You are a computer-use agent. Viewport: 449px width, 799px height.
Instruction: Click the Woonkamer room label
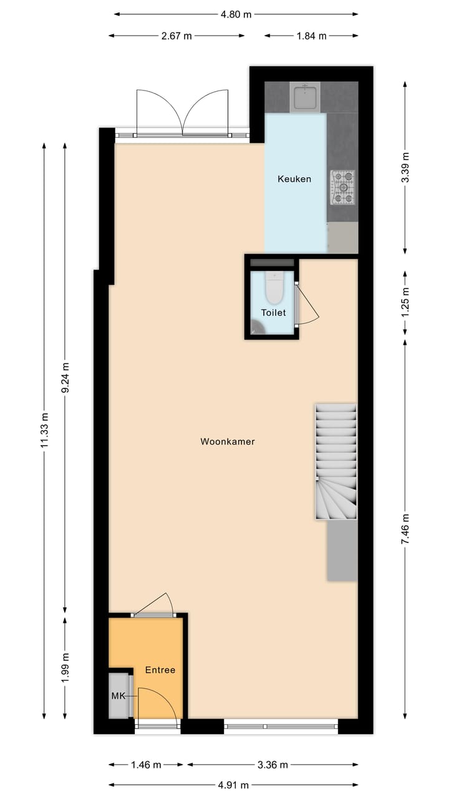(227, 441)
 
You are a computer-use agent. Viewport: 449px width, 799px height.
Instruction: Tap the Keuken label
(294, 179)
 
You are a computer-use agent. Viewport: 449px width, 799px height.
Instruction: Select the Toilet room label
(273, 312)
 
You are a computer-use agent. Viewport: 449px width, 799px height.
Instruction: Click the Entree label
(160, 670)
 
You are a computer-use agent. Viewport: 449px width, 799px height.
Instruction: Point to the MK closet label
(118, 695)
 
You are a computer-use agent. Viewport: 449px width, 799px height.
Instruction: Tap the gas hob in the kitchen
(342, 187)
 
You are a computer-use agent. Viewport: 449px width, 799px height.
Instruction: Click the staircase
(336, 462)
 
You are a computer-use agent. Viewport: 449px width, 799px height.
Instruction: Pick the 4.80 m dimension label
(236, 14)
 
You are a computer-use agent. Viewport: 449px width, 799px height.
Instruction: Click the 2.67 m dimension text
(176, 36)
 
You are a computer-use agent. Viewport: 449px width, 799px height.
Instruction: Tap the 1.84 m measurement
(311, 36)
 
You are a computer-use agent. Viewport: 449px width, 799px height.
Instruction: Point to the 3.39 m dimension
(405, 167)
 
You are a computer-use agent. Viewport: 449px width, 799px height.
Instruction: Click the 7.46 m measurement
(405, 529)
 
